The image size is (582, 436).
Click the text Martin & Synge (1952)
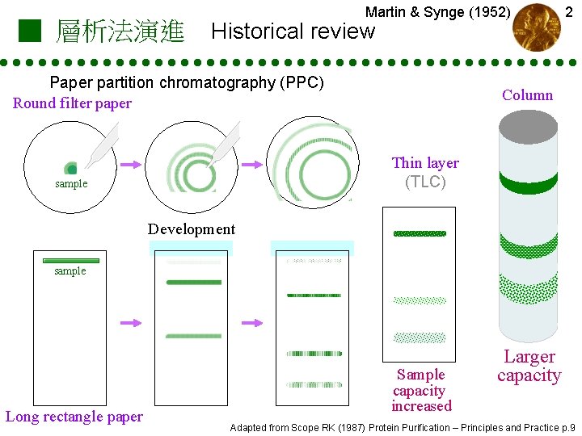pos(437,12)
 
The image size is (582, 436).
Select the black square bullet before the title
pos(29,31)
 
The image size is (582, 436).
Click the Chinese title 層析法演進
pos(120,32)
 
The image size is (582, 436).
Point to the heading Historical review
pos(293,32)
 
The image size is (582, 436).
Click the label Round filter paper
pos(72,103)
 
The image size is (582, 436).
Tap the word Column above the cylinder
pos(527,95)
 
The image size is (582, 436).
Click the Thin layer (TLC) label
pos(425,172)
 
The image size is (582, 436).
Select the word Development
pos(192,229)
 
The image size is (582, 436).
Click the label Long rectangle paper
pos(74,417)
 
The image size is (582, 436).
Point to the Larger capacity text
pos(529,366)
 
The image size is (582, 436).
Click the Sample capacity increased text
pos(421,390)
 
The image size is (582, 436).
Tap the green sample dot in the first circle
pos(72,169)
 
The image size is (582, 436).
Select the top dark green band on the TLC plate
pos(419,233)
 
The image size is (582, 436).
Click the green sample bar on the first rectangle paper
pos(70,261)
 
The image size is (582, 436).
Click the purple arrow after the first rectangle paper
pos(130,323)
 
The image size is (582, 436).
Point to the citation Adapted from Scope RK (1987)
pos(403,427)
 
